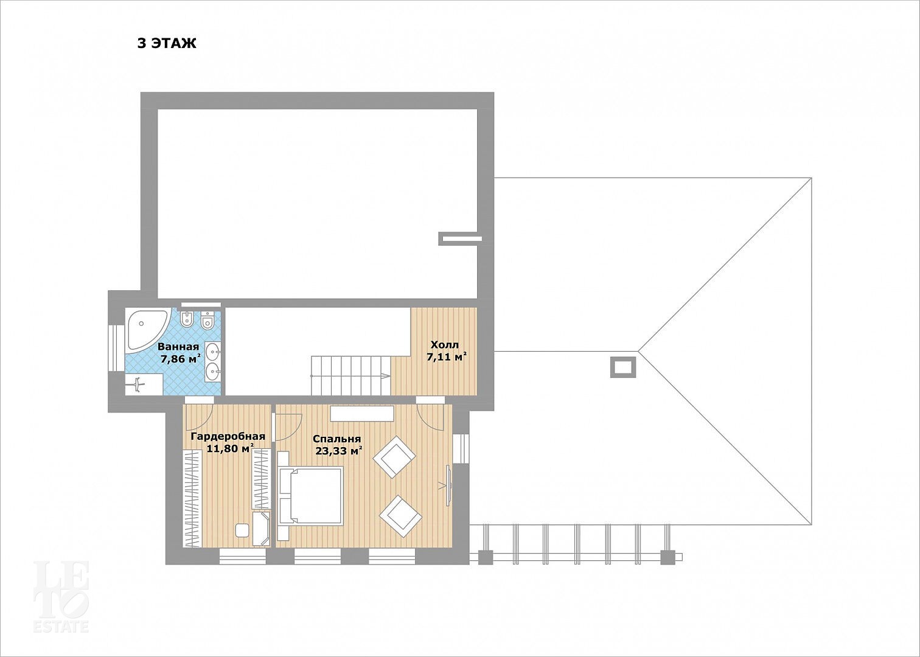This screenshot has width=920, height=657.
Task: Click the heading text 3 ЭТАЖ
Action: pos(167,44)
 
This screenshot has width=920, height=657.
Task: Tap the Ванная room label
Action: pos(178,347)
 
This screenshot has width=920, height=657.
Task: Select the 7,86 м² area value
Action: pos(181,360)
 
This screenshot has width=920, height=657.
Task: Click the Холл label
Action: pos(445,344)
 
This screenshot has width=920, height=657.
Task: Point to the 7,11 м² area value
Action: pos(447,357)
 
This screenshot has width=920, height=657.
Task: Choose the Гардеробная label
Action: pos(228,436)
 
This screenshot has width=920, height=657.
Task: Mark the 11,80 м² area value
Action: pos(230,448)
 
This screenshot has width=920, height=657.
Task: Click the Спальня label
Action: pos(337,439)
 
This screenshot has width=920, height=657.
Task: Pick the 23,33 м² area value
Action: pos(339,451)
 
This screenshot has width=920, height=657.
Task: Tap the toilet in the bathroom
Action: pos(207,319)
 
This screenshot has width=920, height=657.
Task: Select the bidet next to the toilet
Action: pos(187,319)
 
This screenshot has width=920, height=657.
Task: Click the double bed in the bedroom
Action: pos(311,496)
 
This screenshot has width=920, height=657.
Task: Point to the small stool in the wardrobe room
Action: pos(242,530)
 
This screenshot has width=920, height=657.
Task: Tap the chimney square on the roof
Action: pos(624,367)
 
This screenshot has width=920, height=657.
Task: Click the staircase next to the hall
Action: pos(350,376)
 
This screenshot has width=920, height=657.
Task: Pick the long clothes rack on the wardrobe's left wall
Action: pos(192,498)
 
